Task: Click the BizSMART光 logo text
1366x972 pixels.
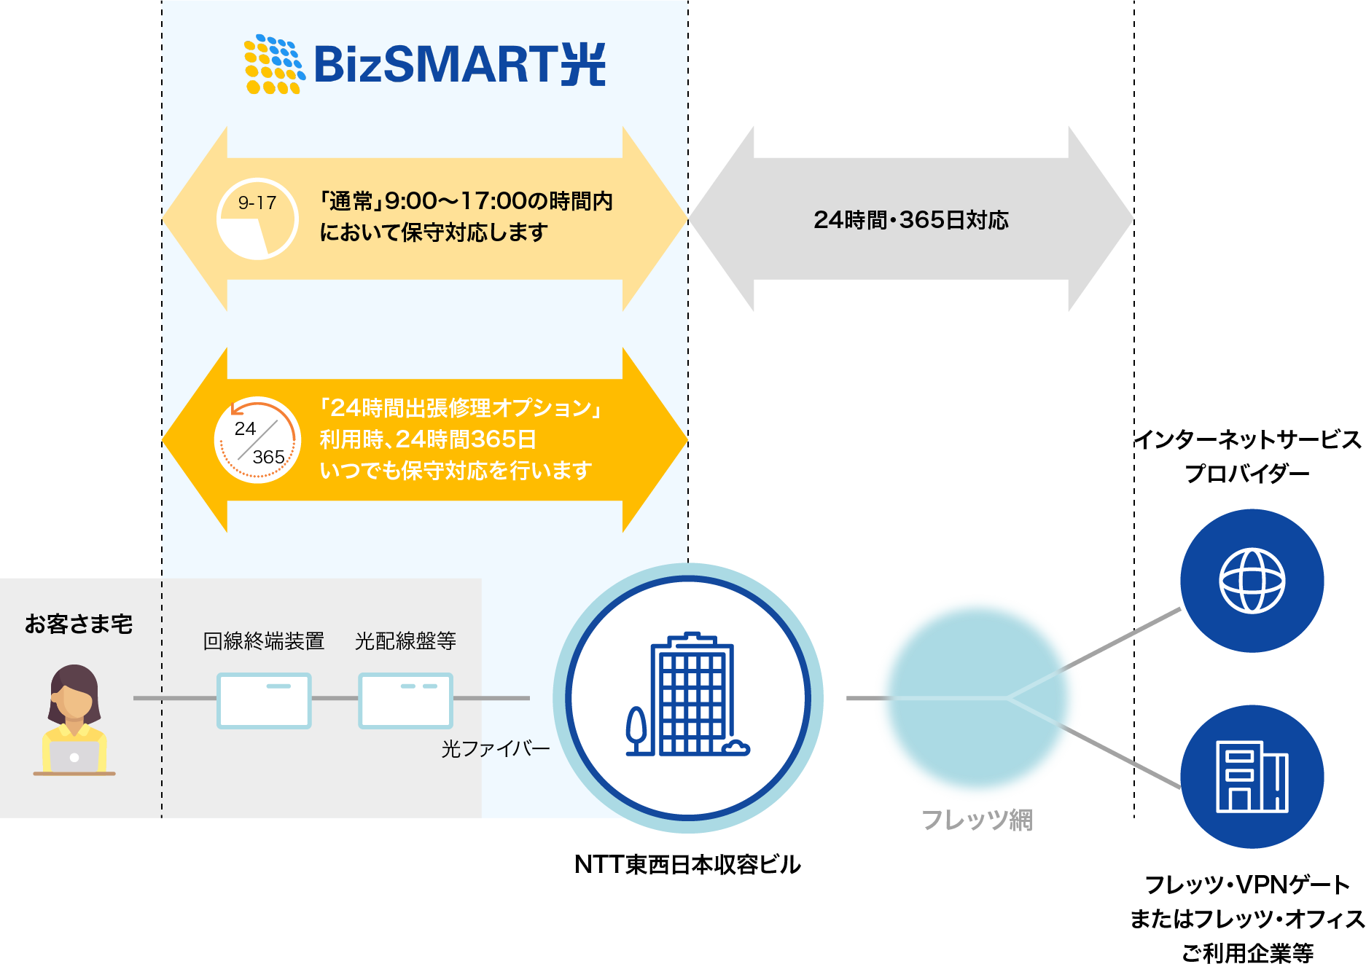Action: (459, 64)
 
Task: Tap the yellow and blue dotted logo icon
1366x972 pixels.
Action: (273, 64)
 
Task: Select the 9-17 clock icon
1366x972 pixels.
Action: (257, 219)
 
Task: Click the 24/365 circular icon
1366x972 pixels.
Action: (257, 440)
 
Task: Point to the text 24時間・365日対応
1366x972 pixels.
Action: (911, 220)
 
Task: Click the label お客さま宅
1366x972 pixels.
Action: (79, 624)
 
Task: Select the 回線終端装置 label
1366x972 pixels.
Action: (264, 641)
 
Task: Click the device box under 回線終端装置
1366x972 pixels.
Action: (264, 700)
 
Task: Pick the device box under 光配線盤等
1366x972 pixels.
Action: (405, 700)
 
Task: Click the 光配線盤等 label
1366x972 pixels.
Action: (405, 641)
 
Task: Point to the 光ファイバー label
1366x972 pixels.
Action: (495, 749)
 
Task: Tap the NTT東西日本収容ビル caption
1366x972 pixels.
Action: (687, 865)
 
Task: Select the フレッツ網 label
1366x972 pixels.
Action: (977, 820)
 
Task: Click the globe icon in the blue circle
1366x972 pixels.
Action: (1252, 581)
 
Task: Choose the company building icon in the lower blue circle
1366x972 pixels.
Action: (1252, 777)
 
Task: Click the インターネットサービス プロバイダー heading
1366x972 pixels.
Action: (1247, 456)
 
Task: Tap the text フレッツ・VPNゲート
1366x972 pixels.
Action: (1247, 885)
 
